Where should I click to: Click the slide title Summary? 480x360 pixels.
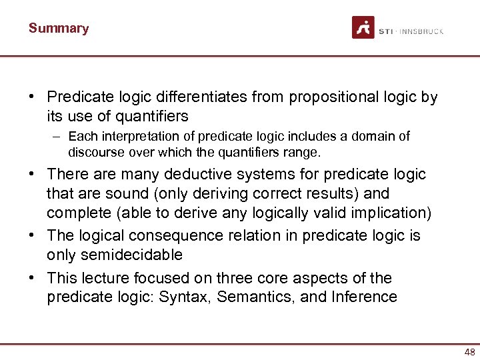click(58, 29)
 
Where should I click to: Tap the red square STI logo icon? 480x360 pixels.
click(363, 27)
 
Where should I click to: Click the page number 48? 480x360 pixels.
click(469, 352)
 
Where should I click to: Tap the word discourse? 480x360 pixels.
click(96, 152)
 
